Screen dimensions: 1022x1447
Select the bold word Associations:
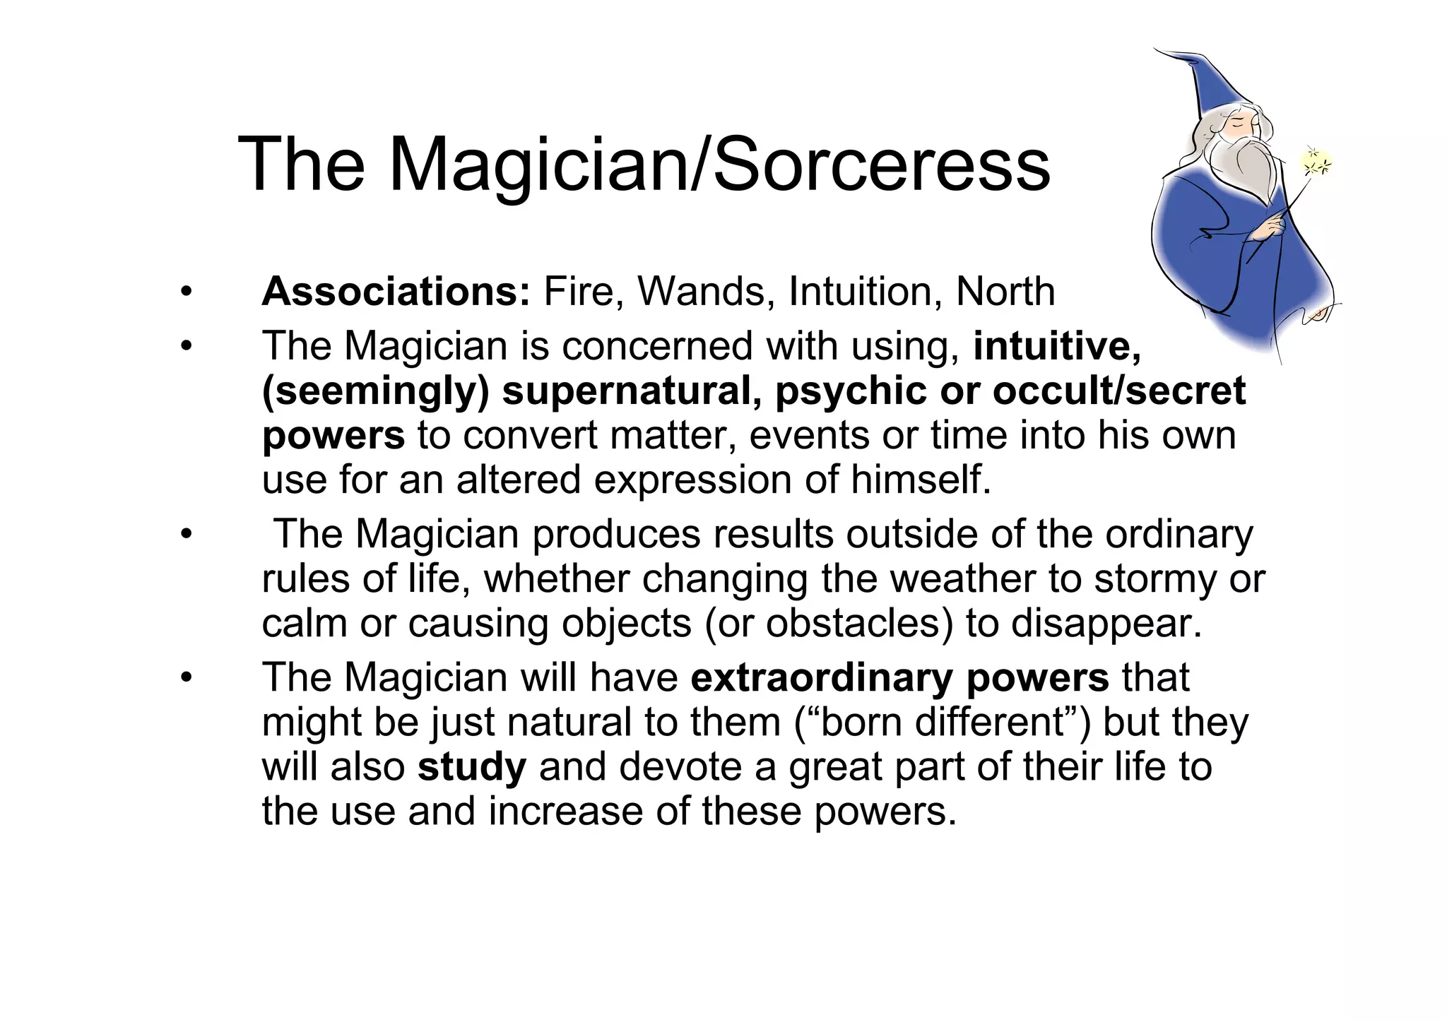click(x=396, y=291)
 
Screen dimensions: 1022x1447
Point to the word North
click(x=1005, y=291)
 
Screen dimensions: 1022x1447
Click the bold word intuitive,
click(x=1057, y=346)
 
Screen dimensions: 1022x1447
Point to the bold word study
click(x=471, y=767)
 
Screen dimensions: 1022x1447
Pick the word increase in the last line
click(x=565, y=811)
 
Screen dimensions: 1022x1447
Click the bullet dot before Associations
click(x=186, y=292)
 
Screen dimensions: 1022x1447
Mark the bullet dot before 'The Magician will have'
click(x=186, y=678)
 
